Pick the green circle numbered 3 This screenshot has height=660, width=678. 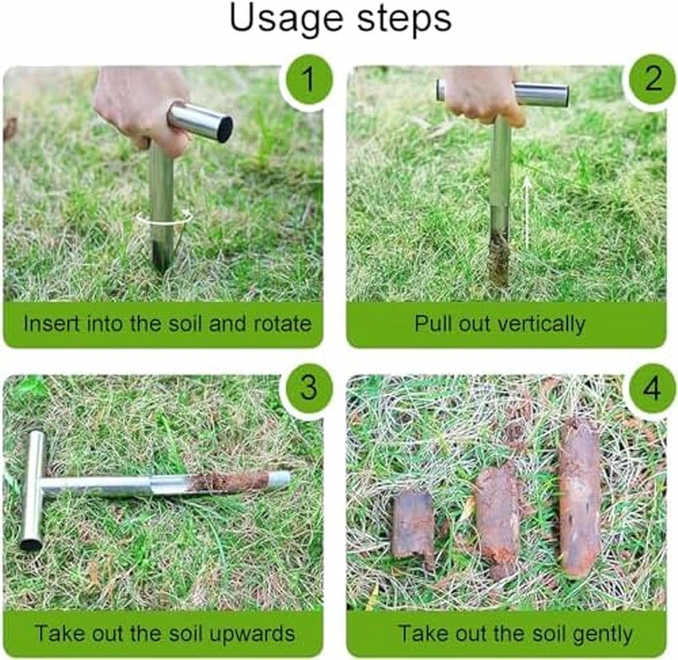[308, 387]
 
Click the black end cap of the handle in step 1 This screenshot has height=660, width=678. [225, 129]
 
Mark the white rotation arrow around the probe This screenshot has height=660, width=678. [165, 220]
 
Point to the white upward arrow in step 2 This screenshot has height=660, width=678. [527, 212]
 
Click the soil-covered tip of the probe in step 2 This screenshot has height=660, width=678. [499, 260]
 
